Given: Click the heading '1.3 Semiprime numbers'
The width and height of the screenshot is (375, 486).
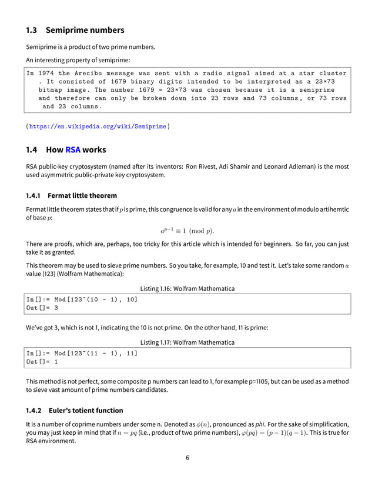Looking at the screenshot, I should pos(75,29).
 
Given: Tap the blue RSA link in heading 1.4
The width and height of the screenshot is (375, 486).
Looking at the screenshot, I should pos(72,149).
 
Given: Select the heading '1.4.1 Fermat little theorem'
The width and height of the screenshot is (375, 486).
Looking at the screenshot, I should pos(71,195).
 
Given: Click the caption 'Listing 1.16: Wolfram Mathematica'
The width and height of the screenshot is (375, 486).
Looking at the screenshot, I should pos(187,288).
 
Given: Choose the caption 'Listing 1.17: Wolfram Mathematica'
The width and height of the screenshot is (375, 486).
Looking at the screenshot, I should pos(187,342).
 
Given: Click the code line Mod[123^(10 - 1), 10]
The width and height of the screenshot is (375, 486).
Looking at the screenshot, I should pos(81,299).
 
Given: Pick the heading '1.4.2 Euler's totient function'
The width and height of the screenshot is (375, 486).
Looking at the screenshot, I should pos(74,410).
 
